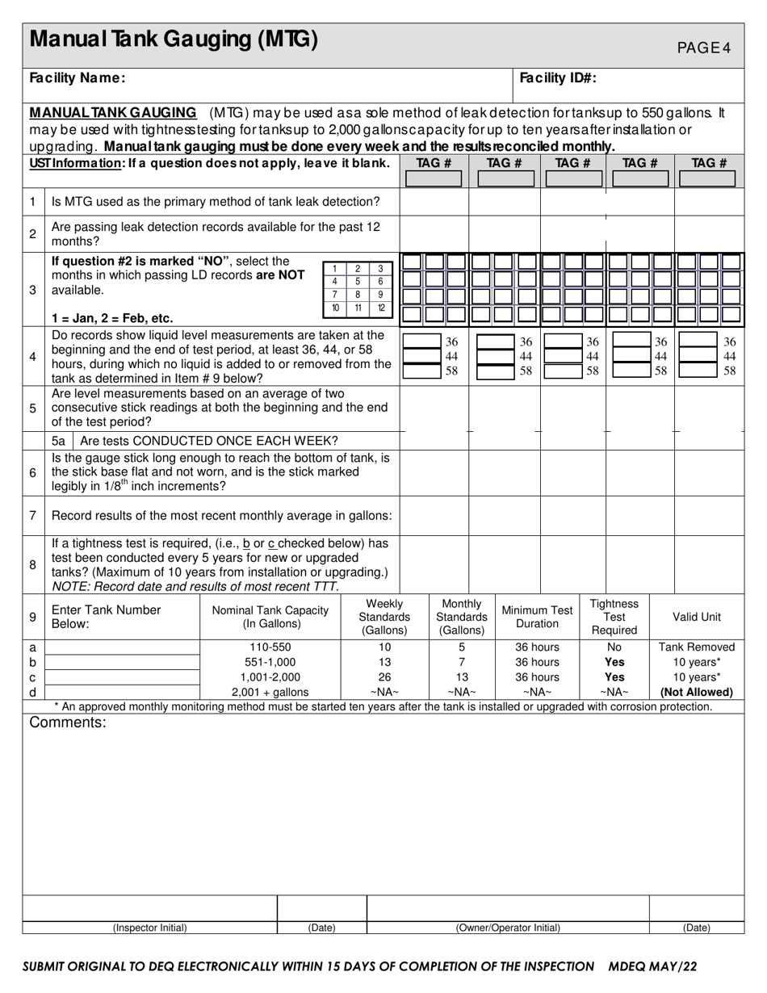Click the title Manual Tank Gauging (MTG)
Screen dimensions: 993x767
click(174, 40)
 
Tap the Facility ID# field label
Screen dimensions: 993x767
click(558, 78)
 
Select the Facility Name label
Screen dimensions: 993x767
click(78, 78)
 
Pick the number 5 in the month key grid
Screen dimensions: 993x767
click(358, 281)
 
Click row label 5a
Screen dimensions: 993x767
click(58, 441)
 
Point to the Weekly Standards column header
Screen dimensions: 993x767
click(384, 617)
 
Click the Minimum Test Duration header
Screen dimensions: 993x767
click(537, 617)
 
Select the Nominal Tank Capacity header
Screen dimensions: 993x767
click(270, 617)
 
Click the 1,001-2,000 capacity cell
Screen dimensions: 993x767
click(270, 677)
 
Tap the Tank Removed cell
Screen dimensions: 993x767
click(697, 647)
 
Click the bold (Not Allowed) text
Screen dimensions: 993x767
click(697, 692)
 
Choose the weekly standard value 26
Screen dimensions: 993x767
click(384, 677)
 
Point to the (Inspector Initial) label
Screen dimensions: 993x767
click(149, 928)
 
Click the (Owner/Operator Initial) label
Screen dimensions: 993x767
click(508, 928)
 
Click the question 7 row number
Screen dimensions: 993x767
click(32, 515)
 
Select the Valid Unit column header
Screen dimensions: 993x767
click(697, 617)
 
